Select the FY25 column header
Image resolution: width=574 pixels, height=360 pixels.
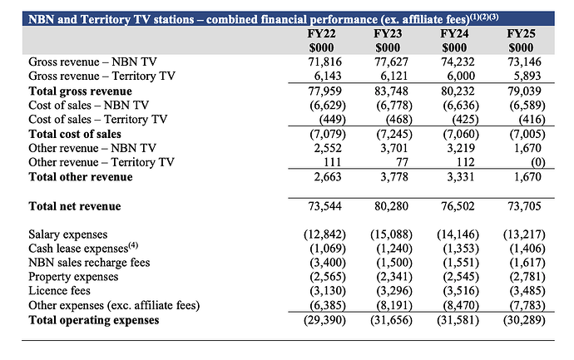click(522, 32)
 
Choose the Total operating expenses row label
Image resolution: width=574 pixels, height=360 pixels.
click(93, 319)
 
